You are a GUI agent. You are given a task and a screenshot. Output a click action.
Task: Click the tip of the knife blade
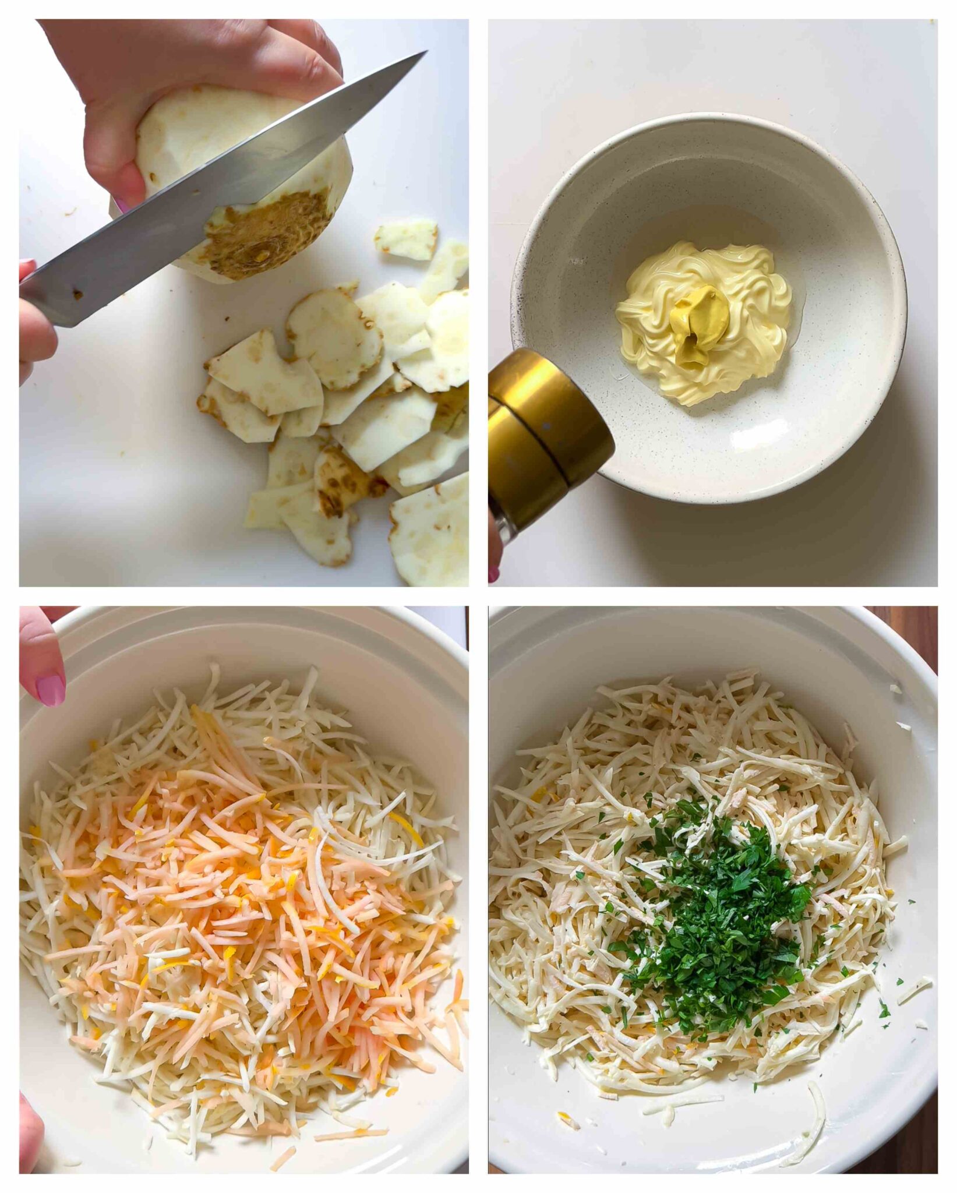tap(425, 53)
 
